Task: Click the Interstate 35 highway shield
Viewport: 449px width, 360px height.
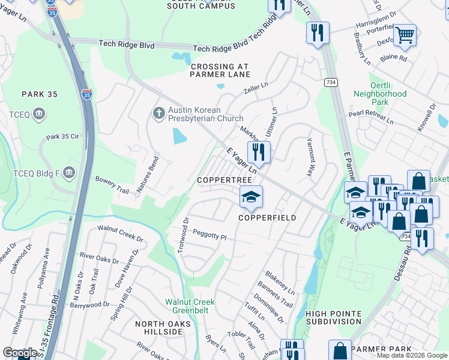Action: coord(88,94)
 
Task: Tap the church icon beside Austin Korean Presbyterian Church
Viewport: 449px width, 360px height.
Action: coord(158,113)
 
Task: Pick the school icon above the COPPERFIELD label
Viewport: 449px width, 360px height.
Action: coord(251,196)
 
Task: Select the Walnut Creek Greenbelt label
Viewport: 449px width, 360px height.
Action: coord(190,305)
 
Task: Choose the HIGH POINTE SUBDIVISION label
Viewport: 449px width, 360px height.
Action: coord(333,317)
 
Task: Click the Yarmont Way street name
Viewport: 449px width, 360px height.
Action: coord(310,159)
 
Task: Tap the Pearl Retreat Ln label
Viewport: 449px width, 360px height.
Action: coord(371,117)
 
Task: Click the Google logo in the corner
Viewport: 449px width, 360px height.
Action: coord(20,353)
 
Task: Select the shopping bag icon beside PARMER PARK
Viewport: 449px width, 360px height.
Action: coord(340,350)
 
